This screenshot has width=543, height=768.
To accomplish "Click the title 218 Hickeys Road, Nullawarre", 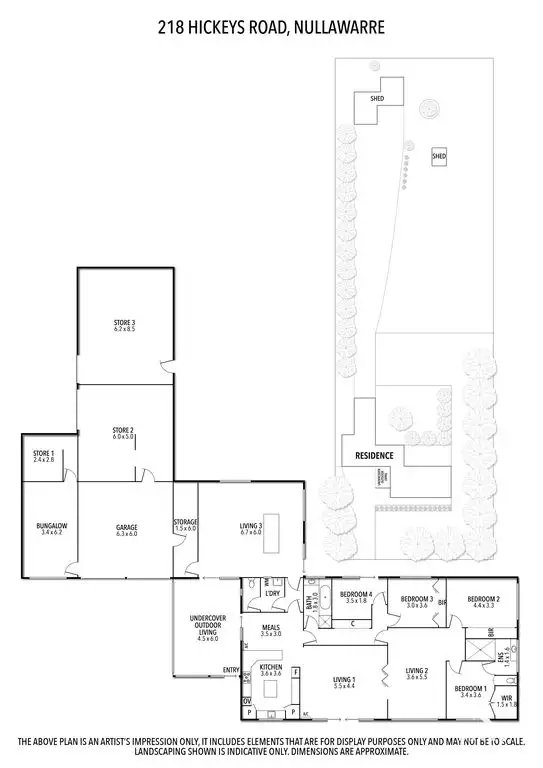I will (x=271, y=30).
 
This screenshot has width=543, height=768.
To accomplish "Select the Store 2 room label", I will (x=123, y=433).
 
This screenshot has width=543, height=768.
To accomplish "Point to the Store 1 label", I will (x=43, y=455).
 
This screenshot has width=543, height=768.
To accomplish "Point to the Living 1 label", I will (x=344, y=683).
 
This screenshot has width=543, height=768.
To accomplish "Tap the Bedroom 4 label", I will (x=356, y=597).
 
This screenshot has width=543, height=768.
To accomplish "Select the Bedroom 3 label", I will (x=416, y=602).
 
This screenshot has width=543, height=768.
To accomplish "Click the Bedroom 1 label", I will (x=470, y=691).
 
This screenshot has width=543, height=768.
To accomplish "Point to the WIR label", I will (x=507, y=701).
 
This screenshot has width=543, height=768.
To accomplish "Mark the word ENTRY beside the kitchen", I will (x=231, y=670).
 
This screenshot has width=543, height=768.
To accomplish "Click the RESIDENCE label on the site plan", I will (x=374, y=456).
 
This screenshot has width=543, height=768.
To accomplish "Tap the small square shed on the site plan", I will (x=439, y=157).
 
